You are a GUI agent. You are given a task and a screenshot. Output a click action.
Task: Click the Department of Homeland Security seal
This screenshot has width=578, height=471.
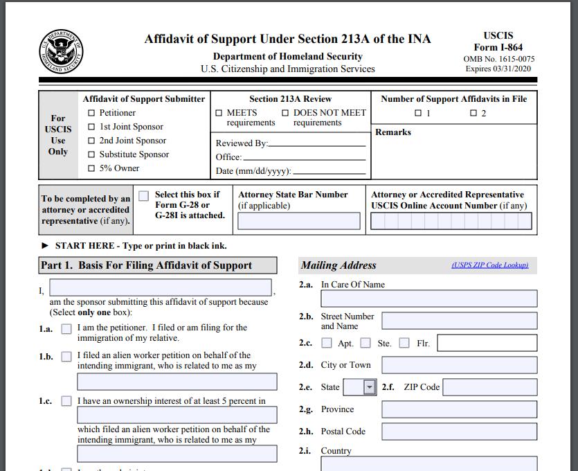(60, 52)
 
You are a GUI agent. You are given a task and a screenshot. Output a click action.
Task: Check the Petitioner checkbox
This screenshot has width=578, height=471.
(91, 113)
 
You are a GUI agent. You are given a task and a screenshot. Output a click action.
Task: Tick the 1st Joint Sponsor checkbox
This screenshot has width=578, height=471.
(91, 127)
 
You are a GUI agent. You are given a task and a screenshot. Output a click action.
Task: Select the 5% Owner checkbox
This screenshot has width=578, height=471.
(91, 168)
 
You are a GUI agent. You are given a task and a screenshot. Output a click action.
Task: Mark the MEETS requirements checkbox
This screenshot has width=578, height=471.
(219, 113)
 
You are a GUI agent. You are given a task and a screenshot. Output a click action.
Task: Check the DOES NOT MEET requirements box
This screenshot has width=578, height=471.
(285, 113)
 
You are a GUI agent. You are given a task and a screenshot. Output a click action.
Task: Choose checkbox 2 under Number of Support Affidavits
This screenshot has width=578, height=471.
(473, 114)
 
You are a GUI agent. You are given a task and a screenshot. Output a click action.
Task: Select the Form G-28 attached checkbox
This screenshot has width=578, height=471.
(143, 196)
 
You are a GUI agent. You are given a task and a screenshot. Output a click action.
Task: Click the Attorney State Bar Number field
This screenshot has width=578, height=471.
(299, 221)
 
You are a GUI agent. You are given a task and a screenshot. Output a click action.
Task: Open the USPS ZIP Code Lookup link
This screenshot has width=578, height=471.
(489, 265)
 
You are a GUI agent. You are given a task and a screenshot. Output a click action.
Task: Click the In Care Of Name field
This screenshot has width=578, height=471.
(428, 299)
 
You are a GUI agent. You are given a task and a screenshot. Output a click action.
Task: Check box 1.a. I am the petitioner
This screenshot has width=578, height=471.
(66, 329)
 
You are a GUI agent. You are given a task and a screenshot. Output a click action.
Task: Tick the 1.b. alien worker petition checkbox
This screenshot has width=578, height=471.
(66, 357)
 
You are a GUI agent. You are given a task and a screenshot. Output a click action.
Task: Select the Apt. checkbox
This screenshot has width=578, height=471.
(327, 343)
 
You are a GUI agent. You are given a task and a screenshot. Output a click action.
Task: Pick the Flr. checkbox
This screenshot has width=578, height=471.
(404, 343)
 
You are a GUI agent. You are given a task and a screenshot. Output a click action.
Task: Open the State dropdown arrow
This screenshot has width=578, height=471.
(370, 387)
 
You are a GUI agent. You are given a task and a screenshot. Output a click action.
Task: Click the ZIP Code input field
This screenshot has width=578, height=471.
(489, 387)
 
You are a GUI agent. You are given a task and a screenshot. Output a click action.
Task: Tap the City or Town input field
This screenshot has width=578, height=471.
(459, 365)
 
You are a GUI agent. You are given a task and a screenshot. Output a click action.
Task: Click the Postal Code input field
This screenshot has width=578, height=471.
(459, 432)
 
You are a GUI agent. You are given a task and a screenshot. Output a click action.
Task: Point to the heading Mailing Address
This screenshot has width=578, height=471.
(338, 265)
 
